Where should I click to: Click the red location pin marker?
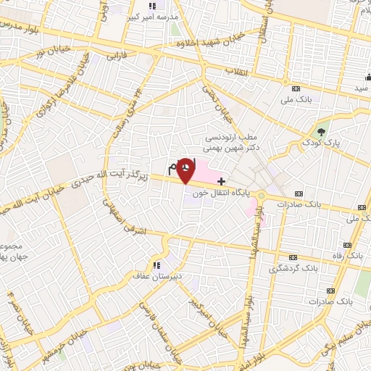186,170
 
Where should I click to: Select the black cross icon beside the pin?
221,180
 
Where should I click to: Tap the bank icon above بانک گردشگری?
293,257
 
